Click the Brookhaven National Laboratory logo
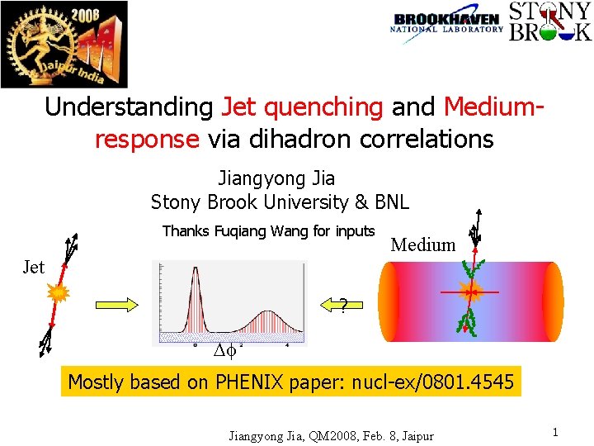446,23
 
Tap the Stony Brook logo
549,22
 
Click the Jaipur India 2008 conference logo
64,44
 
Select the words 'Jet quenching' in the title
302,107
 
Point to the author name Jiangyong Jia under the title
276,178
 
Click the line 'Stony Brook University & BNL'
280,202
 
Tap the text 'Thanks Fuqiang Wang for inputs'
268,231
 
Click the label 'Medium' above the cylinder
422,244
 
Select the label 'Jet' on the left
33,267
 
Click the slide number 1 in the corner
555,433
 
